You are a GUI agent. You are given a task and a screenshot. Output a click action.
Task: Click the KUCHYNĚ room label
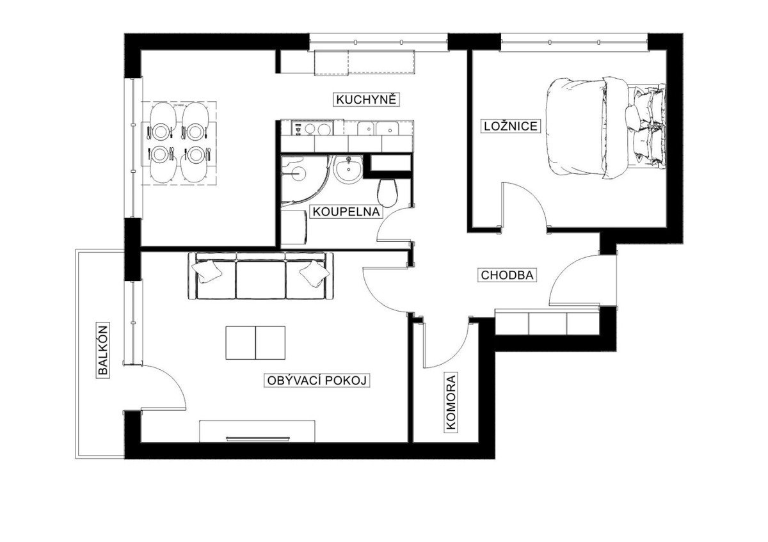(x=366, y=100)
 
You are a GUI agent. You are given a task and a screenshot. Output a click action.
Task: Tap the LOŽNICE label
(x=511, y=126)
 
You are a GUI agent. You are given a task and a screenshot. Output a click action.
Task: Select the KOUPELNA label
(x=346, y=212)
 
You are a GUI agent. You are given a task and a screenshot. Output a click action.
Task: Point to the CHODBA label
(x=507, y=275)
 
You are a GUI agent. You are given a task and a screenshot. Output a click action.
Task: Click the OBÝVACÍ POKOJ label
(x=317, y=380)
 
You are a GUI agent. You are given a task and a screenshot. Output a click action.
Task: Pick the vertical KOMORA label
(x=451, y=402)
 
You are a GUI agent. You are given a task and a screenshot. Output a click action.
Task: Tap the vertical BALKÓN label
(x=102, y=350)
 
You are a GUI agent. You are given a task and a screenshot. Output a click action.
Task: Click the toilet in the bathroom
(x=387, y=193)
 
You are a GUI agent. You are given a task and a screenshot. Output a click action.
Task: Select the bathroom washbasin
(x=349, y=170)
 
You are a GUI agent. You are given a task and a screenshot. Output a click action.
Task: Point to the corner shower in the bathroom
(x=303, y=181)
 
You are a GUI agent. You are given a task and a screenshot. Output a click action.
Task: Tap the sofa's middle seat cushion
(x=260, y=280)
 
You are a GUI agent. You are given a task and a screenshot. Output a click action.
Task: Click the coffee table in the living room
(x=255, y=343)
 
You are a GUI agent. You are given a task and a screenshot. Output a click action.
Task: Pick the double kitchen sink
(x=378, y=129)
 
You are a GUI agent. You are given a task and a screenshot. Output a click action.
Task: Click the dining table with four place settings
(x=179, y=143)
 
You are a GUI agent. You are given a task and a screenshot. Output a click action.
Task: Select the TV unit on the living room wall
(x=257, y=431)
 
